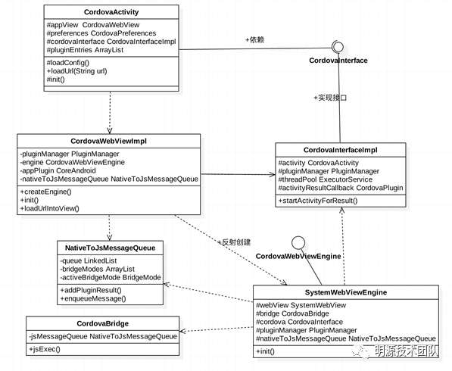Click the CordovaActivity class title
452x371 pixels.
click(x=111, y=12)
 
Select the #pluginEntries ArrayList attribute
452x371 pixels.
click(x=85, y=50)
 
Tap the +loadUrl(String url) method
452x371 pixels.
click(x=76, y=71)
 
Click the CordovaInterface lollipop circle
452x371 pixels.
click(x=338, y=47)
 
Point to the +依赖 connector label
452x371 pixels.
click(x=254, y=39)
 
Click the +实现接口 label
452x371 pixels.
click(x=330, y=98)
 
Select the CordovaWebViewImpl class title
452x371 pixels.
click(x=109, y=141)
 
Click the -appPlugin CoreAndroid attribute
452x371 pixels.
click(x=58, y=170)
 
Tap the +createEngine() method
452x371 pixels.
click(x=46, y=192)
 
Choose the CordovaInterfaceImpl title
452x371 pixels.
click(x=341, y=150)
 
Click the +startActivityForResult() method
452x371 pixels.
click(x=318, y=201)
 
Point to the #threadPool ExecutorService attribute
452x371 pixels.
click(x=325, y=179)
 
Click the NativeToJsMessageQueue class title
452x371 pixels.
click(x=110, y=248)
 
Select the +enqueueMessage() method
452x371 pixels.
click(x=93, y=298)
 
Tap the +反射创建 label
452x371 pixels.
click(x=234, y=242)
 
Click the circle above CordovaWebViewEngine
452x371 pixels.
click(x=298, y=243)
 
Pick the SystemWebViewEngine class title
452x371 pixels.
click(x=346, y=292)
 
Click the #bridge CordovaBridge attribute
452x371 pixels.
click(x=292, y=313)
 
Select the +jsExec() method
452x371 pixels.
click(x=45, y=349)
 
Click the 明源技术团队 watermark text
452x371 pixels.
click(x=406, y=351)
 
